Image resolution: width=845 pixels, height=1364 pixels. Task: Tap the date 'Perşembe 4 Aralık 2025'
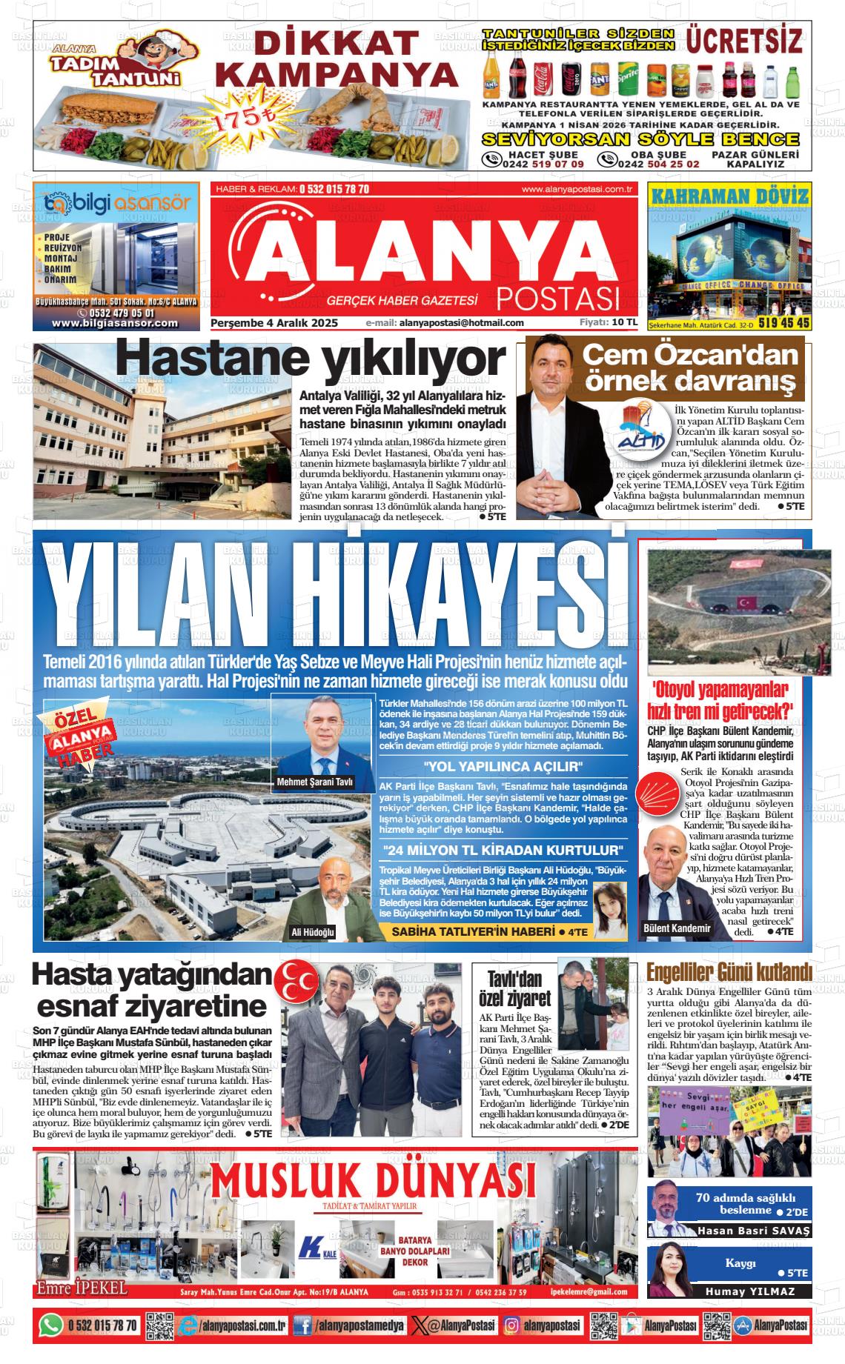274,323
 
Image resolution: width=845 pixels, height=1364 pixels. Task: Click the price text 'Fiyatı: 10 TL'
609,322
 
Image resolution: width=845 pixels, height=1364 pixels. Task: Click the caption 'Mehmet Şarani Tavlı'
315,782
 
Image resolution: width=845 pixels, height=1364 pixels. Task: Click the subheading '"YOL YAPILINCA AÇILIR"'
503,766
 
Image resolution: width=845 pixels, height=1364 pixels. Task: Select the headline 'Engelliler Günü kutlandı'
729,971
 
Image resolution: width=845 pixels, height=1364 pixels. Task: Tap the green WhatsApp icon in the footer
50,1325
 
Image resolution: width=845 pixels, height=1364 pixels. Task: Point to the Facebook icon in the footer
302,1325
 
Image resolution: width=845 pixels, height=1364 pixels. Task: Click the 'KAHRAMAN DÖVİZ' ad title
729,196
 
